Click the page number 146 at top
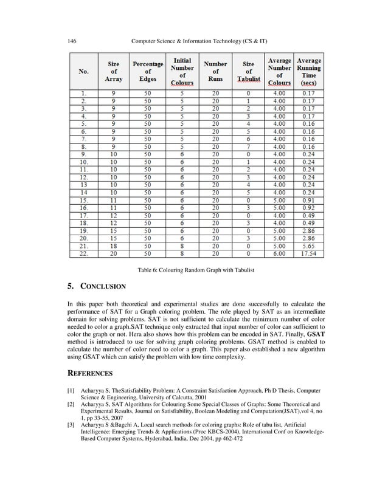point(71,40)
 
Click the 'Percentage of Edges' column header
point(148,71)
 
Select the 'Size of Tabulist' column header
point(248,71)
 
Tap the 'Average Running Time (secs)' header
point(308,71)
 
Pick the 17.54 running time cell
point(308,253)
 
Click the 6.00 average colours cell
point(279,253)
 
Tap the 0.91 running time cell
point(308,199)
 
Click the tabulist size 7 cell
point(248,146)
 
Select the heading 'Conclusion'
point(100,286)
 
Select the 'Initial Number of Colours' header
point(182,71)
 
